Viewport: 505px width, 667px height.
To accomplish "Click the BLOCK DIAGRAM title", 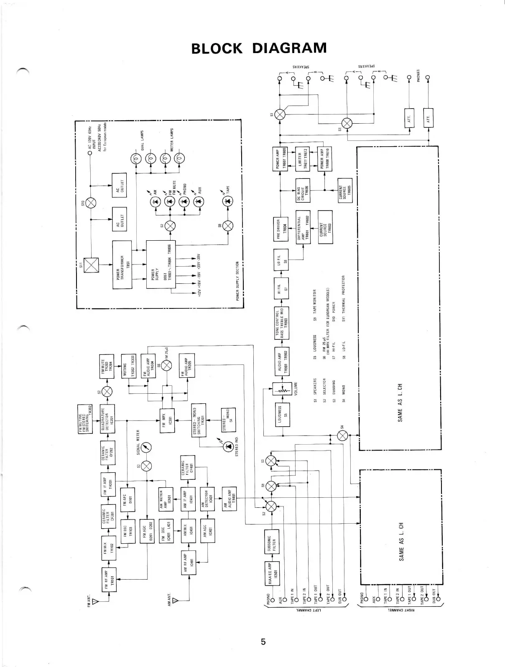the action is click(259, 48).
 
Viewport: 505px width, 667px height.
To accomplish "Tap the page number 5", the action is click(263, 641).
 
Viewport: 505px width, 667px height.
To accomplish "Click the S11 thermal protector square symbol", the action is click(91, 265).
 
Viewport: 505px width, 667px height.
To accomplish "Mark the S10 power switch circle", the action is click(92, 203).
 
